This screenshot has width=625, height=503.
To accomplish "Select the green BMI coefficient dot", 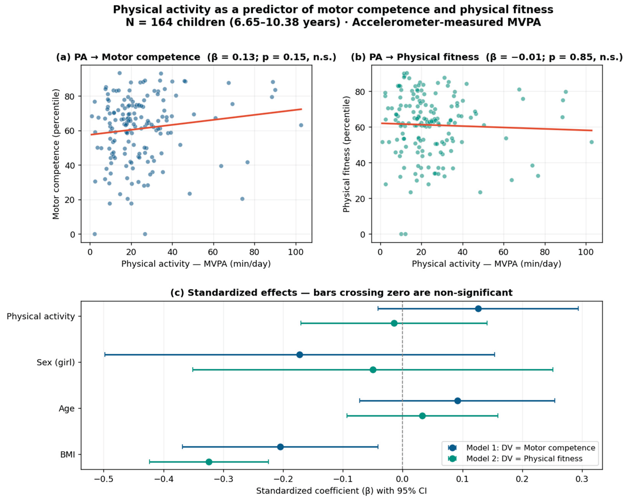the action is [209, 462].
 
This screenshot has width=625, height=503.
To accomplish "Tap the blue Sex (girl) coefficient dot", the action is [300, 355].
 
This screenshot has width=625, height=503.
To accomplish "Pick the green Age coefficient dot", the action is [422, 416].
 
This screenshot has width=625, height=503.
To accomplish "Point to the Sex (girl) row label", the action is [56, 362].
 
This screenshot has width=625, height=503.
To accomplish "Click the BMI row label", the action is [68, 455].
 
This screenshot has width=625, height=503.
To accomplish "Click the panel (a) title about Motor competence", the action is [196, 57].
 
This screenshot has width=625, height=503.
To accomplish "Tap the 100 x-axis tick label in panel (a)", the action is [296, 252].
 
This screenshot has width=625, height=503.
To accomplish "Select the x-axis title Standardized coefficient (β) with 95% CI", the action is [341, 491].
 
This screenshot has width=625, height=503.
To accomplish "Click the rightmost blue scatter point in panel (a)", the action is [301, 125].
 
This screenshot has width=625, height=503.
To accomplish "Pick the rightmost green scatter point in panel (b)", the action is [592, 142].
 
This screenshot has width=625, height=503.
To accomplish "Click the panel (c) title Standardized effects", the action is [341, 293].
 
